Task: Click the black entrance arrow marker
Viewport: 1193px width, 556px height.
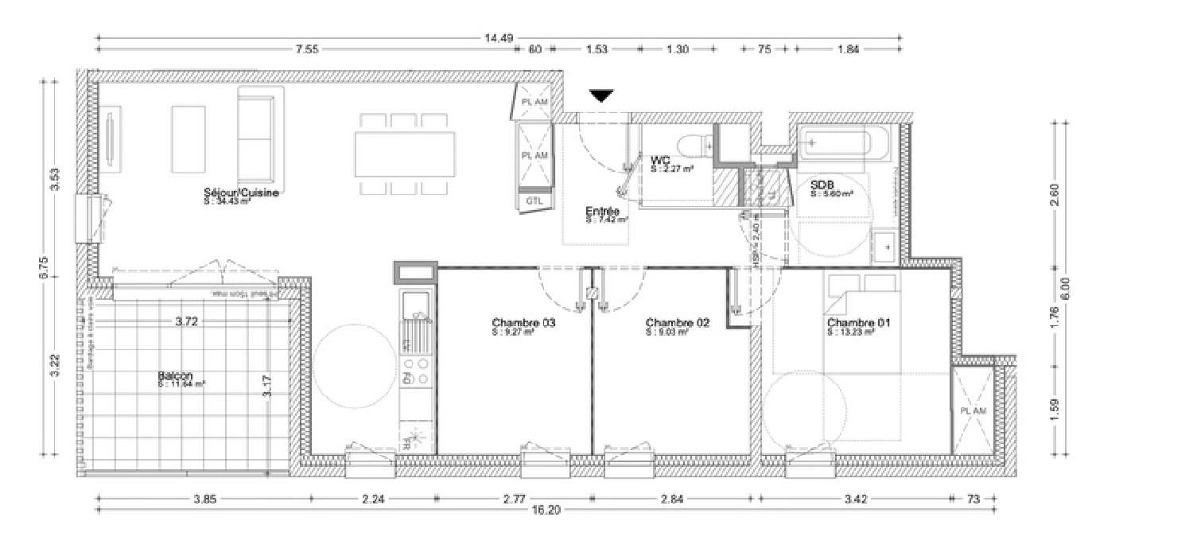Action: pos(602,96)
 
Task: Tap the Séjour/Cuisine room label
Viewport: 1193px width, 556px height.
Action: pos(239,193)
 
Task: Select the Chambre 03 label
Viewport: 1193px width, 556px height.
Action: pos(523,323)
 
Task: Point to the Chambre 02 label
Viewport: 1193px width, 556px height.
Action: pos(677,322)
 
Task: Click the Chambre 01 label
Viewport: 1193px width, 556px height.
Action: pos(858,323)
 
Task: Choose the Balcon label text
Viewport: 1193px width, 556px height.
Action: pos(173,375)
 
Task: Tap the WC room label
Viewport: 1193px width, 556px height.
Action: pos(659,161)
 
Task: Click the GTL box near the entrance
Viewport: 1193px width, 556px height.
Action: pos(534,202)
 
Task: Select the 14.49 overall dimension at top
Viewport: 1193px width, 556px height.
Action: pos(498,37)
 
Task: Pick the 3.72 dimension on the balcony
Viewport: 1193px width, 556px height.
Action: pos(187,322)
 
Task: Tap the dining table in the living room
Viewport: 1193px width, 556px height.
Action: pos(405,154)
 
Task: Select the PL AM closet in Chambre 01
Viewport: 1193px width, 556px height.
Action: pos(973,410)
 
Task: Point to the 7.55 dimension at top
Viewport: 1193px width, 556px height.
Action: pos(307,49)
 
